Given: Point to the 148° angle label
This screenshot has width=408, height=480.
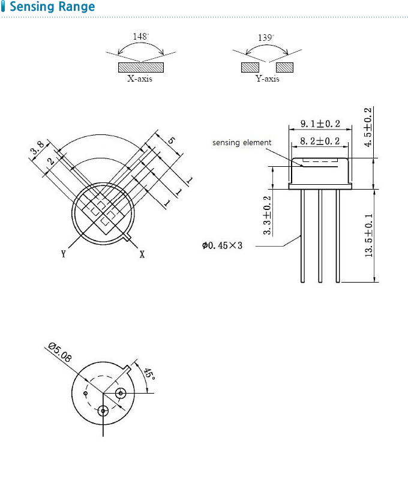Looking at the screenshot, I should (141, 37).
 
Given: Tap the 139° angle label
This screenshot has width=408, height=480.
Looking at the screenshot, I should (266, 37).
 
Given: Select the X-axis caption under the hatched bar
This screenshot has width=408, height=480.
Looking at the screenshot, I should (140, 79).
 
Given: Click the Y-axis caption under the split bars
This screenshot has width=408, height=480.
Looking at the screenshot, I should (268, 79).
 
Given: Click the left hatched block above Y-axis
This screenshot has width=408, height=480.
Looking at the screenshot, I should (250, 67).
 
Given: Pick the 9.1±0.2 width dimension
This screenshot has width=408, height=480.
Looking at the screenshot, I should (320, 124).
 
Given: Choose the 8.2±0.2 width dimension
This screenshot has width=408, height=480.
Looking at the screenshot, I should (320, 142).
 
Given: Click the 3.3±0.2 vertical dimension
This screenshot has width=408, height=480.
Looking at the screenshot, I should (267, 215).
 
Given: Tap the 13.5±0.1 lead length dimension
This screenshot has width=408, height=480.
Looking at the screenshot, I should (368, 235).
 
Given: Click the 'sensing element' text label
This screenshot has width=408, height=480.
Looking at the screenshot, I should (242, 143).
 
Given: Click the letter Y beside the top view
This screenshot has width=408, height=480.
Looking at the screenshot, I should (63, 254).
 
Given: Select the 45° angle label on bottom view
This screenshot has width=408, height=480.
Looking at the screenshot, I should (149, 374).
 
